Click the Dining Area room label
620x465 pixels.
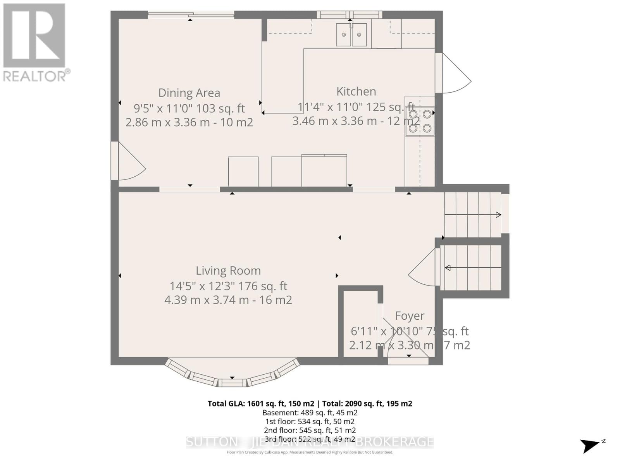[x=189, y=93]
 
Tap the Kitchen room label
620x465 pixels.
[x=356, y=91]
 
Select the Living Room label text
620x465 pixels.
[x=228, y=270]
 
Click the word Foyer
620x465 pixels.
[x=410, y=316]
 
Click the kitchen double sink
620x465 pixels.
[x=351, y=35]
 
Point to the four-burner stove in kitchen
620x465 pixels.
[x=420, y=121]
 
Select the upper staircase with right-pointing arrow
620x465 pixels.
[x=473, y=215]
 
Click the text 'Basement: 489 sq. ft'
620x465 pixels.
[x=310, y=413]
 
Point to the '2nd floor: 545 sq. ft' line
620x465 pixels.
[x=310, y=430]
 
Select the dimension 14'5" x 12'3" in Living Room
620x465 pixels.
[x=202, y=286]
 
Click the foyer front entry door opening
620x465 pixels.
[x=408, y=360]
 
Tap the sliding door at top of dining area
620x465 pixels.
[x=191, y=15]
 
